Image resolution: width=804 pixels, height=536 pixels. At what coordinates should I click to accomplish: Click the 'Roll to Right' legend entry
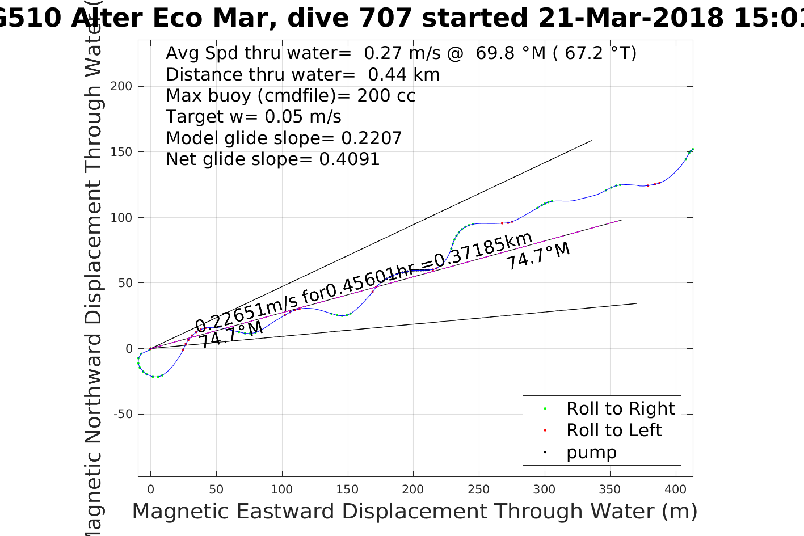tap(620, 408)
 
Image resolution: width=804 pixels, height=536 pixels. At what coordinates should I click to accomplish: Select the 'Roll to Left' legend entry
tap(613, 431)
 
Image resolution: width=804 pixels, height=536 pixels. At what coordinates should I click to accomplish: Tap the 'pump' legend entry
tap(591, 453)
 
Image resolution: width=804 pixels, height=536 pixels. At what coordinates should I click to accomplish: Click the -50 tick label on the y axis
tap(123, 414)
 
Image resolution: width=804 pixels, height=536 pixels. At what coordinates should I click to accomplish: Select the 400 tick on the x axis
tap(676, 489)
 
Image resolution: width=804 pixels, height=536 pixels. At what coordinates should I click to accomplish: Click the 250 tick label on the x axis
tap(479, 489)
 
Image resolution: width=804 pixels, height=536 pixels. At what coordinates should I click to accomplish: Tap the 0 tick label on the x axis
tap(150, 489)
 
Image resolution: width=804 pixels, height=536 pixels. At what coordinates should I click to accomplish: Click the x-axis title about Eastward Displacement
tap(414, 512)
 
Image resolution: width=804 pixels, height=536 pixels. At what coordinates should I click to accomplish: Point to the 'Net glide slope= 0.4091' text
tap(272, 159)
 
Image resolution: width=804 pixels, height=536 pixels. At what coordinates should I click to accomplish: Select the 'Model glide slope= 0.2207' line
tap(284, 138)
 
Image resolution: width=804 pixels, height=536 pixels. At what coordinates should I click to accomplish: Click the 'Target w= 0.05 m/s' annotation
tap(253, 117)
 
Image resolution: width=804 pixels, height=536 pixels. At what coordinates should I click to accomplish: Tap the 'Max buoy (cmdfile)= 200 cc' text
tap(291, 96)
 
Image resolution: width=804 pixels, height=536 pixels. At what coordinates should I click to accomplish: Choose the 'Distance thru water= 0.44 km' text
tap(302, 75)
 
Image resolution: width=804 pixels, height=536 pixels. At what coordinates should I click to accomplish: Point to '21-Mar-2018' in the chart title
tap(630, 18)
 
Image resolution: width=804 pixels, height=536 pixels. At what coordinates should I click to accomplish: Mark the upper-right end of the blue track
tap(692, 149)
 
